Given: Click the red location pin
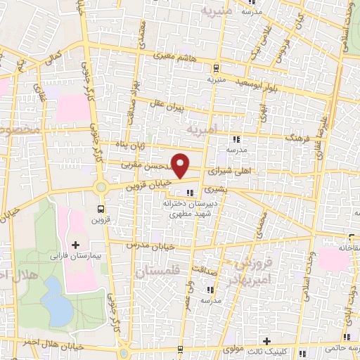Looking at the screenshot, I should pyautogui.click(x=181, y=165).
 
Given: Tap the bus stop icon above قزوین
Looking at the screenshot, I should pyautogui.click(x=101, y=209).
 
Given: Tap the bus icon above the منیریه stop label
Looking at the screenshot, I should pyautogui.click(x=215, y=68).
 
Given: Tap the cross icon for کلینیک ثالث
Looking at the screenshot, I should pyautogui.click(x=266, y=342).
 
